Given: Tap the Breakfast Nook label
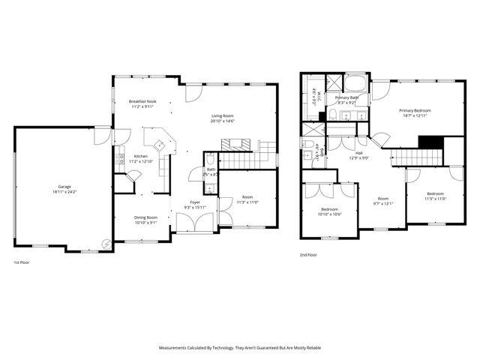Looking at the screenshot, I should (142, 101).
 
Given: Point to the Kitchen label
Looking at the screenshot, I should (141, 156).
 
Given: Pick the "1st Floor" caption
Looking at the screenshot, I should (22, 263).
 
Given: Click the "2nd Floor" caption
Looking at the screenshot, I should (308, 255).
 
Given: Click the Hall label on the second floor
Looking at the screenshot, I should (360, 152).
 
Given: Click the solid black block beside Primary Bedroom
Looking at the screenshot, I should (430, 142).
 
